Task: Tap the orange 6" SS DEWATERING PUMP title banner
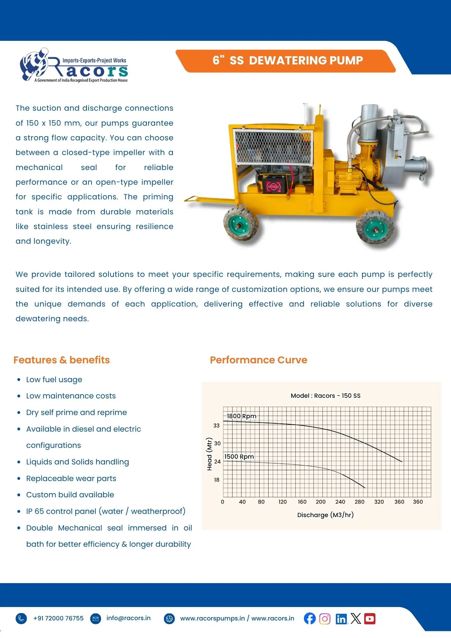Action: point(287,61)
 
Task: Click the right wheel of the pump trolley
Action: point(375,227)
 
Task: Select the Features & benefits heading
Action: point(62,360)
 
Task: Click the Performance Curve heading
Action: point(258,360)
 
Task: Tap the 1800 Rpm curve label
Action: point(241,416)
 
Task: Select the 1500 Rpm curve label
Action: point(239,456)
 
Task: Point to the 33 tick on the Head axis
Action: point(217,426)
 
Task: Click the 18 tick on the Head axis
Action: point(217,480)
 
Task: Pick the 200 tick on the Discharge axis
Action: point(321,502)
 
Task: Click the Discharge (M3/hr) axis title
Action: point(325,515)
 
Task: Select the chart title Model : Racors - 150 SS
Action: point(325,396)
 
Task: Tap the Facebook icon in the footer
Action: point(310,619)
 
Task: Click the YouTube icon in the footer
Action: point(370,619)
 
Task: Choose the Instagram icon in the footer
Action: point(325,619)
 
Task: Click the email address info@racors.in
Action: point(128,618)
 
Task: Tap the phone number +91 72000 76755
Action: point(58,618)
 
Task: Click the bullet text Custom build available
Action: point(70,495)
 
